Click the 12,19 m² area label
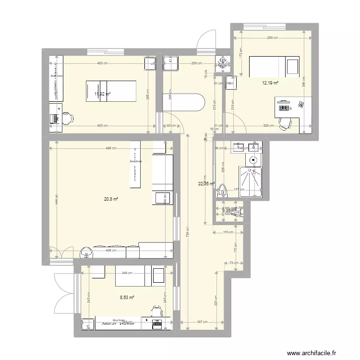tap(270, 83)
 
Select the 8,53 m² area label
tap(127, 298)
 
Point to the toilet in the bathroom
tap(222, 190)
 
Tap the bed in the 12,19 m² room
tap(274, 66)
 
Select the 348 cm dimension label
tap(127, 273)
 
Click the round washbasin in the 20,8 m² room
tap(86, 252)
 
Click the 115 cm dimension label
tap(228, 232)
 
